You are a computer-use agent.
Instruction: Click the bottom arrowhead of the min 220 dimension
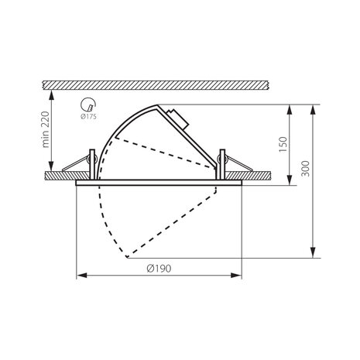click(x=50, y=171)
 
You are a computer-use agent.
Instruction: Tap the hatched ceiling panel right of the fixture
click(x=259, y=176)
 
